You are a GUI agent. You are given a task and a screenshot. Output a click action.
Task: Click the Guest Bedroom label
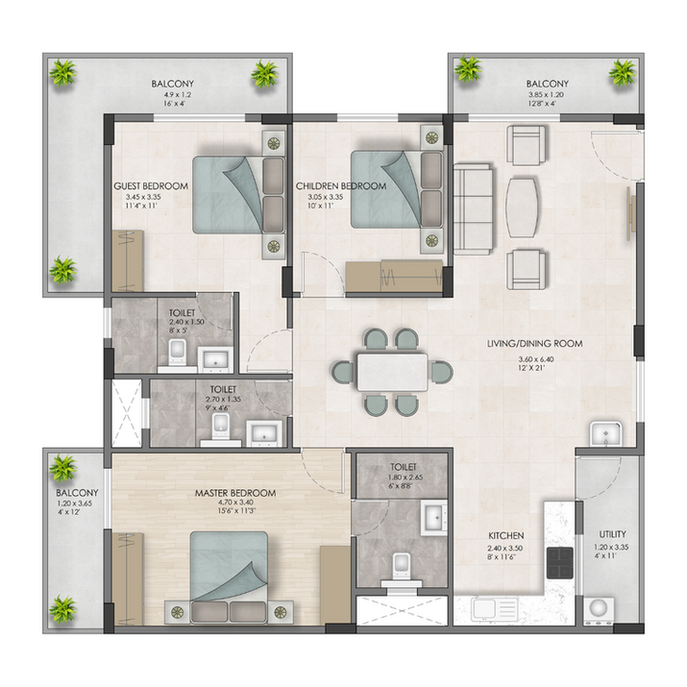coord(151,186)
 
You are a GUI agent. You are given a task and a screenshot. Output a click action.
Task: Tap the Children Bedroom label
coord(341,186)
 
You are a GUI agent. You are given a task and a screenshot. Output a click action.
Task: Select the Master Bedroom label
coord(235,493)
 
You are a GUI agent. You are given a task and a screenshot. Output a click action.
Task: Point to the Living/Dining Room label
coord(535,344)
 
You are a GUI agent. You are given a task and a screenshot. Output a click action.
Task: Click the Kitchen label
coord(506,535)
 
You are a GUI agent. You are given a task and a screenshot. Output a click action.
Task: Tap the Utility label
coord(612,534)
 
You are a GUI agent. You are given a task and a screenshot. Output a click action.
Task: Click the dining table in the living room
coord(392,372)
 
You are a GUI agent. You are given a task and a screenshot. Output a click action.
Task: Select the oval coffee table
coord(523,208)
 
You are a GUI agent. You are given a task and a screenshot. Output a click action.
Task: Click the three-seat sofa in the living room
coord(473,209)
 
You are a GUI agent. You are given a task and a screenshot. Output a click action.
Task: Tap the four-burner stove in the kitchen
coord(559,562)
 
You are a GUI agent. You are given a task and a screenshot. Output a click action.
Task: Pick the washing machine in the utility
coord(598,610)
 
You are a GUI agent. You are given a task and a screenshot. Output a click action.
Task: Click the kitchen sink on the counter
coord(495,609)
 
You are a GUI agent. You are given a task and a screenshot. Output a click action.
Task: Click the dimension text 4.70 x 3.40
coord(235,503)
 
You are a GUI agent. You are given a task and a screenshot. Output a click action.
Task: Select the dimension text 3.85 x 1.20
coord(546,94)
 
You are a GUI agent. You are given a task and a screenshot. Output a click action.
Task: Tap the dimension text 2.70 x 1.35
coord(223,400)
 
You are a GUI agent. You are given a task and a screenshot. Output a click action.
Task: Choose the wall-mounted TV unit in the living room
coord(631,213)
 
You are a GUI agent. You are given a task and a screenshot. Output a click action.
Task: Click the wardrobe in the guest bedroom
coord(128,260)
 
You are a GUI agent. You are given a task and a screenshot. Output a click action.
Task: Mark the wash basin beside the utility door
coord(606,434)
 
